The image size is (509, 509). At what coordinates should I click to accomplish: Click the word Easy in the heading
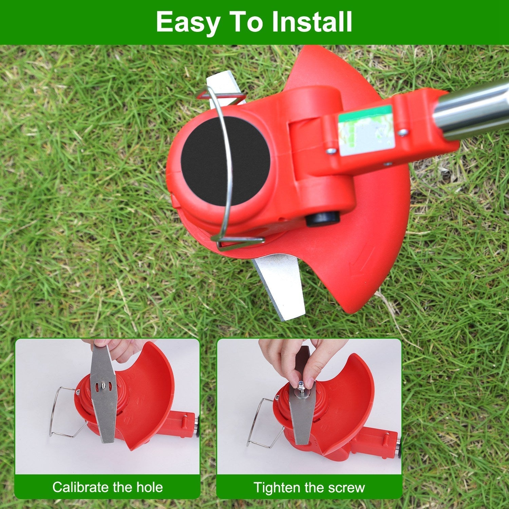(188, 22)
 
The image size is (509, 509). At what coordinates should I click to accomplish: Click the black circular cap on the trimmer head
(225, 161)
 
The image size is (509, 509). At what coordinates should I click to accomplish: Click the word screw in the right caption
(347, 488)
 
